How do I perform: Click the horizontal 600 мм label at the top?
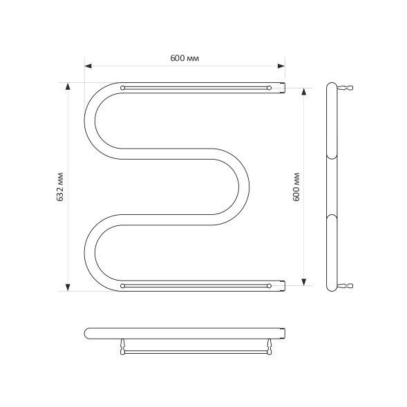point(184,59)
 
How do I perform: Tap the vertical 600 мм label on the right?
point(296,186)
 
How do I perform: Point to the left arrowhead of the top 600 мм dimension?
point(88,66)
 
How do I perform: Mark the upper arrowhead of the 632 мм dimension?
point(68,86)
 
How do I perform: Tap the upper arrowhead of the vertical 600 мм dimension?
point(305,91)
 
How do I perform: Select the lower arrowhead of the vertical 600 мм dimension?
point(305,281)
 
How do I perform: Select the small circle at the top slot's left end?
point(123,88)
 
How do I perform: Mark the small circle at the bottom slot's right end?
point(269,285)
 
